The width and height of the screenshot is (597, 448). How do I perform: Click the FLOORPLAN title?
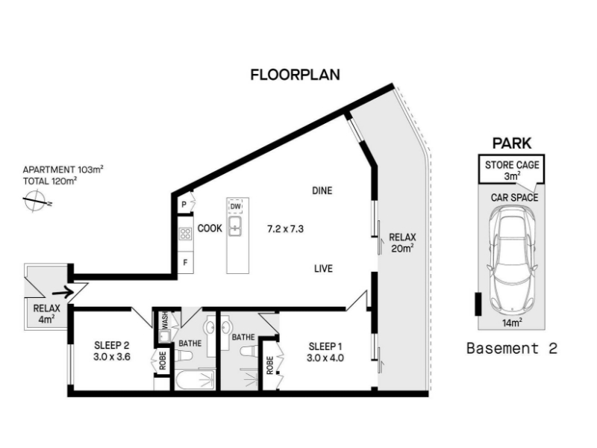tap(295, 75)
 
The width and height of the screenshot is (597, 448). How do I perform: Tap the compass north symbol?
tap(36, 201)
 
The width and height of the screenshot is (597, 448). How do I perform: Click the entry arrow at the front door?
tap(63, 293)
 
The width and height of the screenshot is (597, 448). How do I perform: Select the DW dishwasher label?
tap(236, 207)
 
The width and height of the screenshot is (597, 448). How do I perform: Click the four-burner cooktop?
tap(185, 234)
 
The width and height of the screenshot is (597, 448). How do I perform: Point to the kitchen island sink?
tap(235, 226)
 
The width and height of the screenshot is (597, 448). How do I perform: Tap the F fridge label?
tap(185, 263)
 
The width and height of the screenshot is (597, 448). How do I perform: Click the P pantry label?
tap(184, 205)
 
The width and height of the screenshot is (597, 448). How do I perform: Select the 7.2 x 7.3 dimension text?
tap(285, 229)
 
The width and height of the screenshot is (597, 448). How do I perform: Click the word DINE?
tap(322, 190)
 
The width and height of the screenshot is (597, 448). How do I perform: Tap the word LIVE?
tap(323, 269)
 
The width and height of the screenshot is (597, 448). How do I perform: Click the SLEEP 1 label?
tap(325, 346)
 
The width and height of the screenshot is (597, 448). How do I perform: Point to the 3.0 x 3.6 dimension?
tap(112, 357)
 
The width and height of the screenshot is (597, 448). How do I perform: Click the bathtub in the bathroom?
tap(196, 380)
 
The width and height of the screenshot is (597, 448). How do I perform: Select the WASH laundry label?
tap(165, 320)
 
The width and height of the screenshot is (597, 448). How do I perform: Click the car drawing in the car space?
tap(513, 260)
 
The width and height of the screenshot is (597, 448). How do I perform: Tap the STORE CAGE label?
tap(512, 165)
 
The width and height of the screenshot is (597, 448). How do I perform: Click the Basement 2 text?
tap(512, 348)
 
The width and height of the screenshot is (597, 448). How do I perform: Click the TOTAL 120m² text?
tap(50, 181)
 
